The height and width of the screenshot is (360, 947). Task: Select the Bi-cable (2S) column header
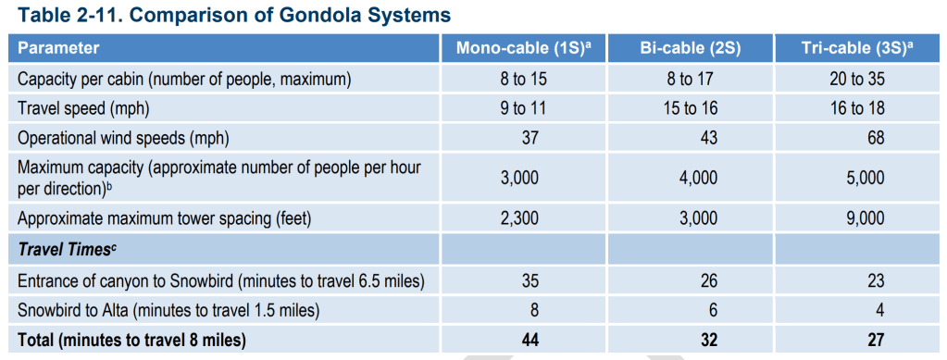[691, 48]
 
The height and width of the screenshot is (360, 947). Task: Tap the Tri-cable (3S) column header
[857, 48]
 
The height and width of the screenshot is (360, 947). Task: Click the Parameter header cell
[58, 48]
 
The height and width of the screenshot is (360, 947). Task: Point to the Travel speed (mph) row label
[82, 108]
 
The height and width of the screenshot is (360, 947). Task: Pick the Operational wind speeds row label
[123, 138]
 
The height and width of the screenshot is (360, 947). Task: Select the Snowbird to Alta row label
[168, 310]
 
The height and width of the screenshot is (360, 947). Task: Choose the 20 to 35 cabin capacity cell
[857, 80]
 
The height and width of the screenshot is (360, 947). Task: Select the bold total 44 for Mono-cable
[529, 340]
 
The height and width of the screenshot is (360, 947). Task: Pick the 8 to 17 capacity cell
[691, 80]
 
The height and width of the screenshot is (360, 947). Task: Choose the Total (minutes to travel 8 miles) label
[131, 340]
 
